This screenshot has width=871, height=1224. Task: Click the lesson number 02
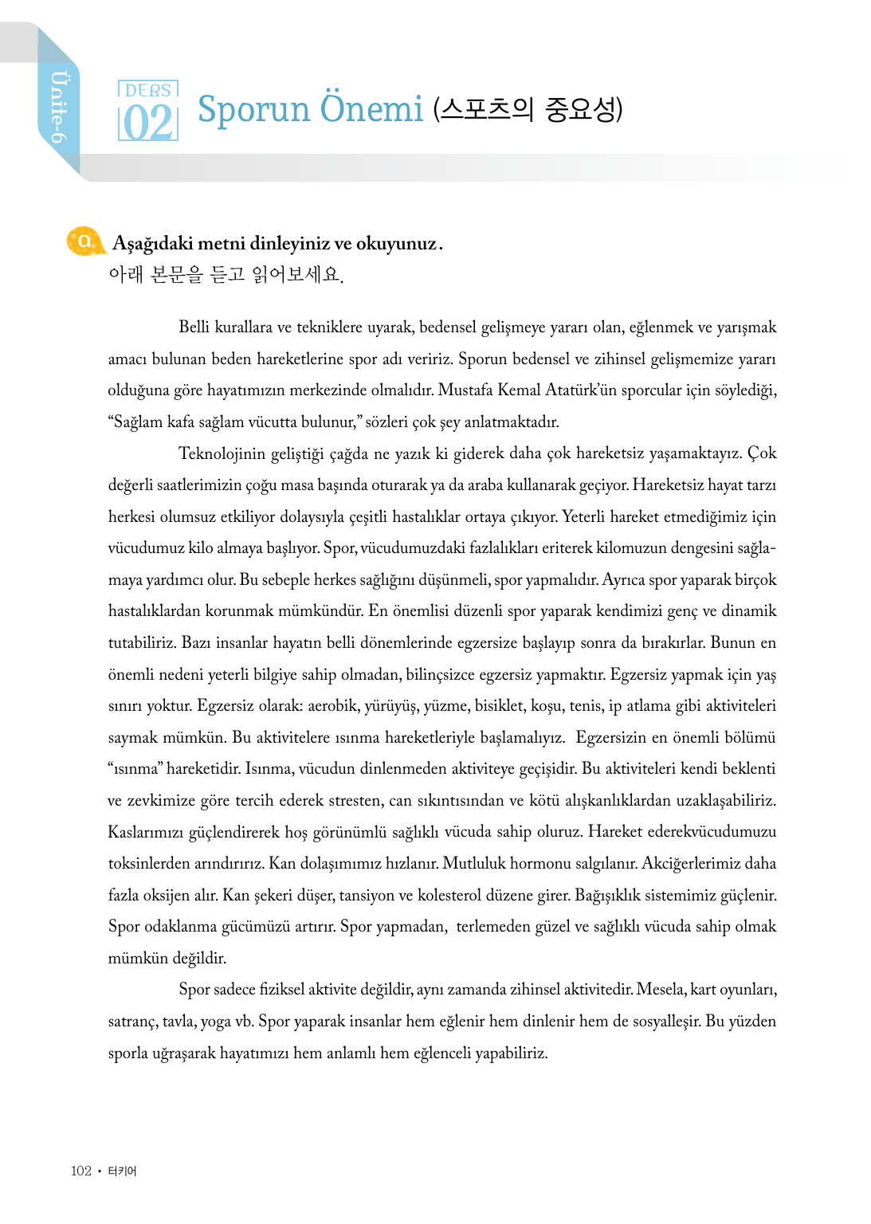coord(148,123)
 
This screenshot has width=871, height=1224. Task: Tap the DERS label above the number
coord(148,90)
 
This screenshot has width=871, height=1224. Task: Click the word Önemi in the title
coord(371,109)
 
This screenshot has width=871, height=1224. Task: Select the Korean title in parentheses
coord(528,109)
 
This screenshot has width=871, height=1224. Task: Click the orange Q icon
coord(84,241)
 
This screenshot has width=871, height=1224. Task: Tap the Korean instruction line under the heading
coord(226,275)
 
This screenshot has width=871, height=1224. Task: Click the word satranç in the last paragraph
coord(131,1021)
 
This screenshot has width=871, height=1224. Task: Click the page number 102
coord(80,1171)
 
